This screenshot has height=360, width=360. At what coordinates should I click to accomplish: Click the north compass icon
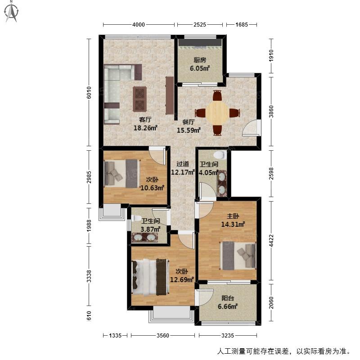12,12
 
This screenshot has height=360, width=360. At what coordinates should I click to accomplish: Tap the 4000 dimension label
139,25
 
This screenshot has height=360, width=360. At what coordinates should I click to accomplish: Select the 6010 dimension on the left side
89,93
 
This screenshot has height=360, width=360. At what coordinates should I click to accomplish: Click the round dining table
217,113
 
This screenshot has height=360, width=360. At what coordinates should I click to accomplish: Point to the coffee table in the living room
139,99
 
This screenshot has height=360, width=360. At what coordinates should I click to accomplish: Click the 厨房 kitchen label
200,60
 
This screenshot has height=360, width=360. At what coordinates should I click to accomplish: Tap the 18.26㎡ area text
145,128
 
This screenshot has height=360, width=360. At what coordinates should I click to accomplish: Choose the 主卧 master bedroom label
233,216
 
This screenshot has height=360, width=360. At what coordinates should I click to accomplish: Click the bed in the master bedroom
238,256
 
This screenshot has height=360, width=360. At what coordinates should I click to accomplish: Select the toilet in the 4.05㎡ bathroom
220,154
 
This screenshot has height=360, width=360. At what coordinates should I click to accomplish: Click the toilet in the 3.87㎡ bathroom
136,218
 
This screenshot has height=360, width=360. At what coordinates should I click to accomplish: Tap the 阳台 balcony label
228,298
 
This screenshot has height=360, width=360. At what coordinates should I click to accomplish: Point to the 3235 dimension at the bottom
228,336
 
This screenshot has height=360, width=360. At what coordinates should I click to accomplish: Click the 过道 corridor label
183,164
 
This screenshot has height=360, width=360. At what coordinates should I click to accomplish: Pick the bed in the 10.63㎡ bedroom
122,174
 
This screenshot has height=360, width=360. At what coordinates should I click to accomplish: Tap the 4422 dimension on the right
271,240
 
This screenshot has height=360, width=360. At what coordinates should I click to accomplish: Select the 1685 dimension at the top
242,25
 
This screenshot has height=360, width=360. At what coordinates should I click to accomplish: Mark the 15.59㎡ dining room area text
189,130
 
